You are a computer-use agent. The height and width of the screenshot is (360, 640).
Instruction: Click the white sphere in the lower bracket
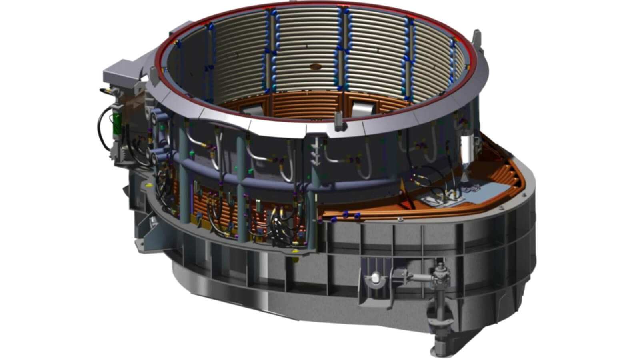pos(375,277)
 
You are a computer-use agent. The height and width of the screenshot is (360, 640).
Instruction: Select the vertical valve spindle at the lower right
pos(440,296)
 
